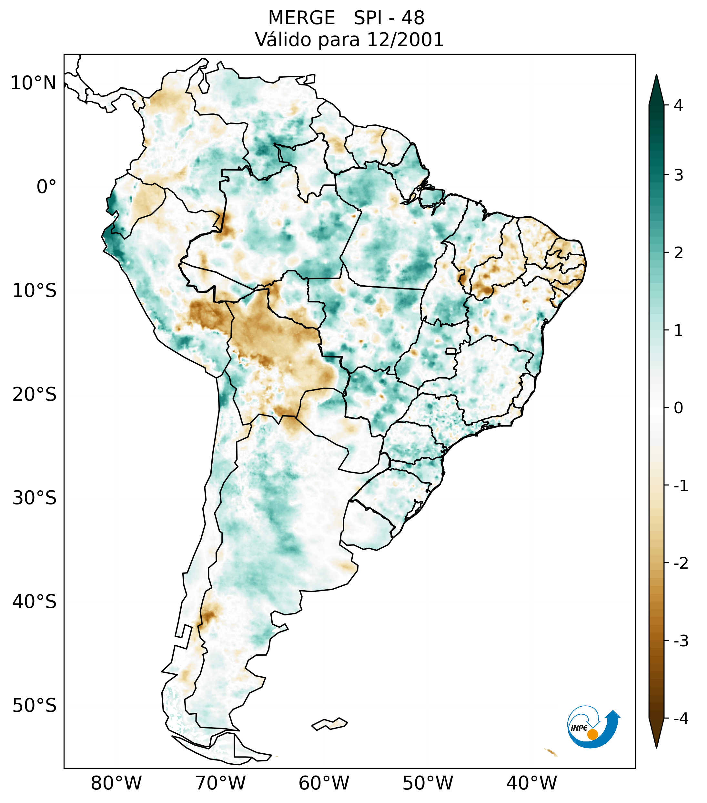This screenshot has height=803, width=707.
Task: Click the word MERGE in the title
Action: [x=301, y=18]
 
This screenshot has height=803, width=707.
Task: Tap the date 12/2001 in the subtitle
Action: [x=405, y=40]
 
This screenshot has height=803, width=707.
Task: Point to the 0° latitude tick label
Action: [x=46, y=187]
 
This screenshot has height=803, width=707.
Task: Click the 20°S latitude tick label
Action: [x=35, y=395]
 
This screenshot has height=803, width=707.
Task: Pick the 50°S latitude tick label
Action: [x=35, y=706]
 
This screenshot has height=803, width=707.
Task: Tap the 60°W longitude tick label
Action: [x=324, y=783]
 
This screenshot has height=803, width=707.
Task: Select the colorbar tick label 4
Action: [x=678, y=105]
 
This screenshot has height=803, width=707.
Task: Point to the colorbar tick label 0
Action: [x=678, y=408]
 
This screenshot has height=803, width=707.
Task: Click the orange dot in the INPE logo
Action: [x=592, y=734]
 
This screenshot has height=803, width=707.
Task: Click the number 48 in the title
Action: [x=413, y=18]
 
